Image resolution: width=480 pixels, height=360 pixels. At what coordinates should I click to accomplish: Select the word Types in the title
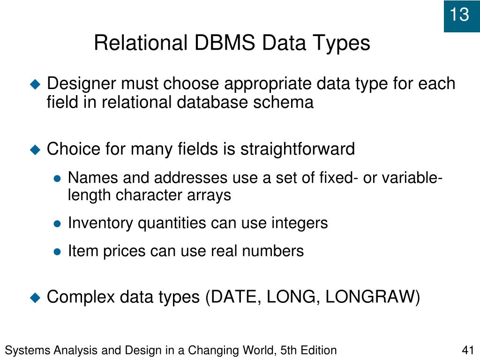tap(342, 44)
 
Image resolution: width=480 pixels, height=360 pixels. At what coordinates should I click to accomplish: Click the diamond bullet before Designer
tap(35, 84)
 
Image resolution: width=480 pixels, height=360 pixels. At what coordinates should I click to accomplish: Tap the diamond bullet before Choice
tap(35, 150)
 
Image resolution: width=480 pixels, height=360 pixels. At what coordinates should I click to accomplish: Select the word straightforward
tap(298, 150)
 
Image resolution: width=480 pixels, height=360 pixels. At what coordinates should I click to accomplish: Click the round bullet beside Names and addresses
tap(57, 179)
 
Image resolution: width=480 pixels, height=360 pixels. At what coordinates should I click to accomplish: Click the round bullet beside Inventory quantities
tap(57, 224)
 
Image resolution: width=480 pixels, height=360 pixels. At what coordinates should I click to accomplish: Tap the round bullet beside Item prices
tap(57, 252)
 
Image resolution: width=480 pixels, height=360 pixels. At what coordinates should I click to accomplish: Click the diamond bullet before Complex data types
tap(35, 297)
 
